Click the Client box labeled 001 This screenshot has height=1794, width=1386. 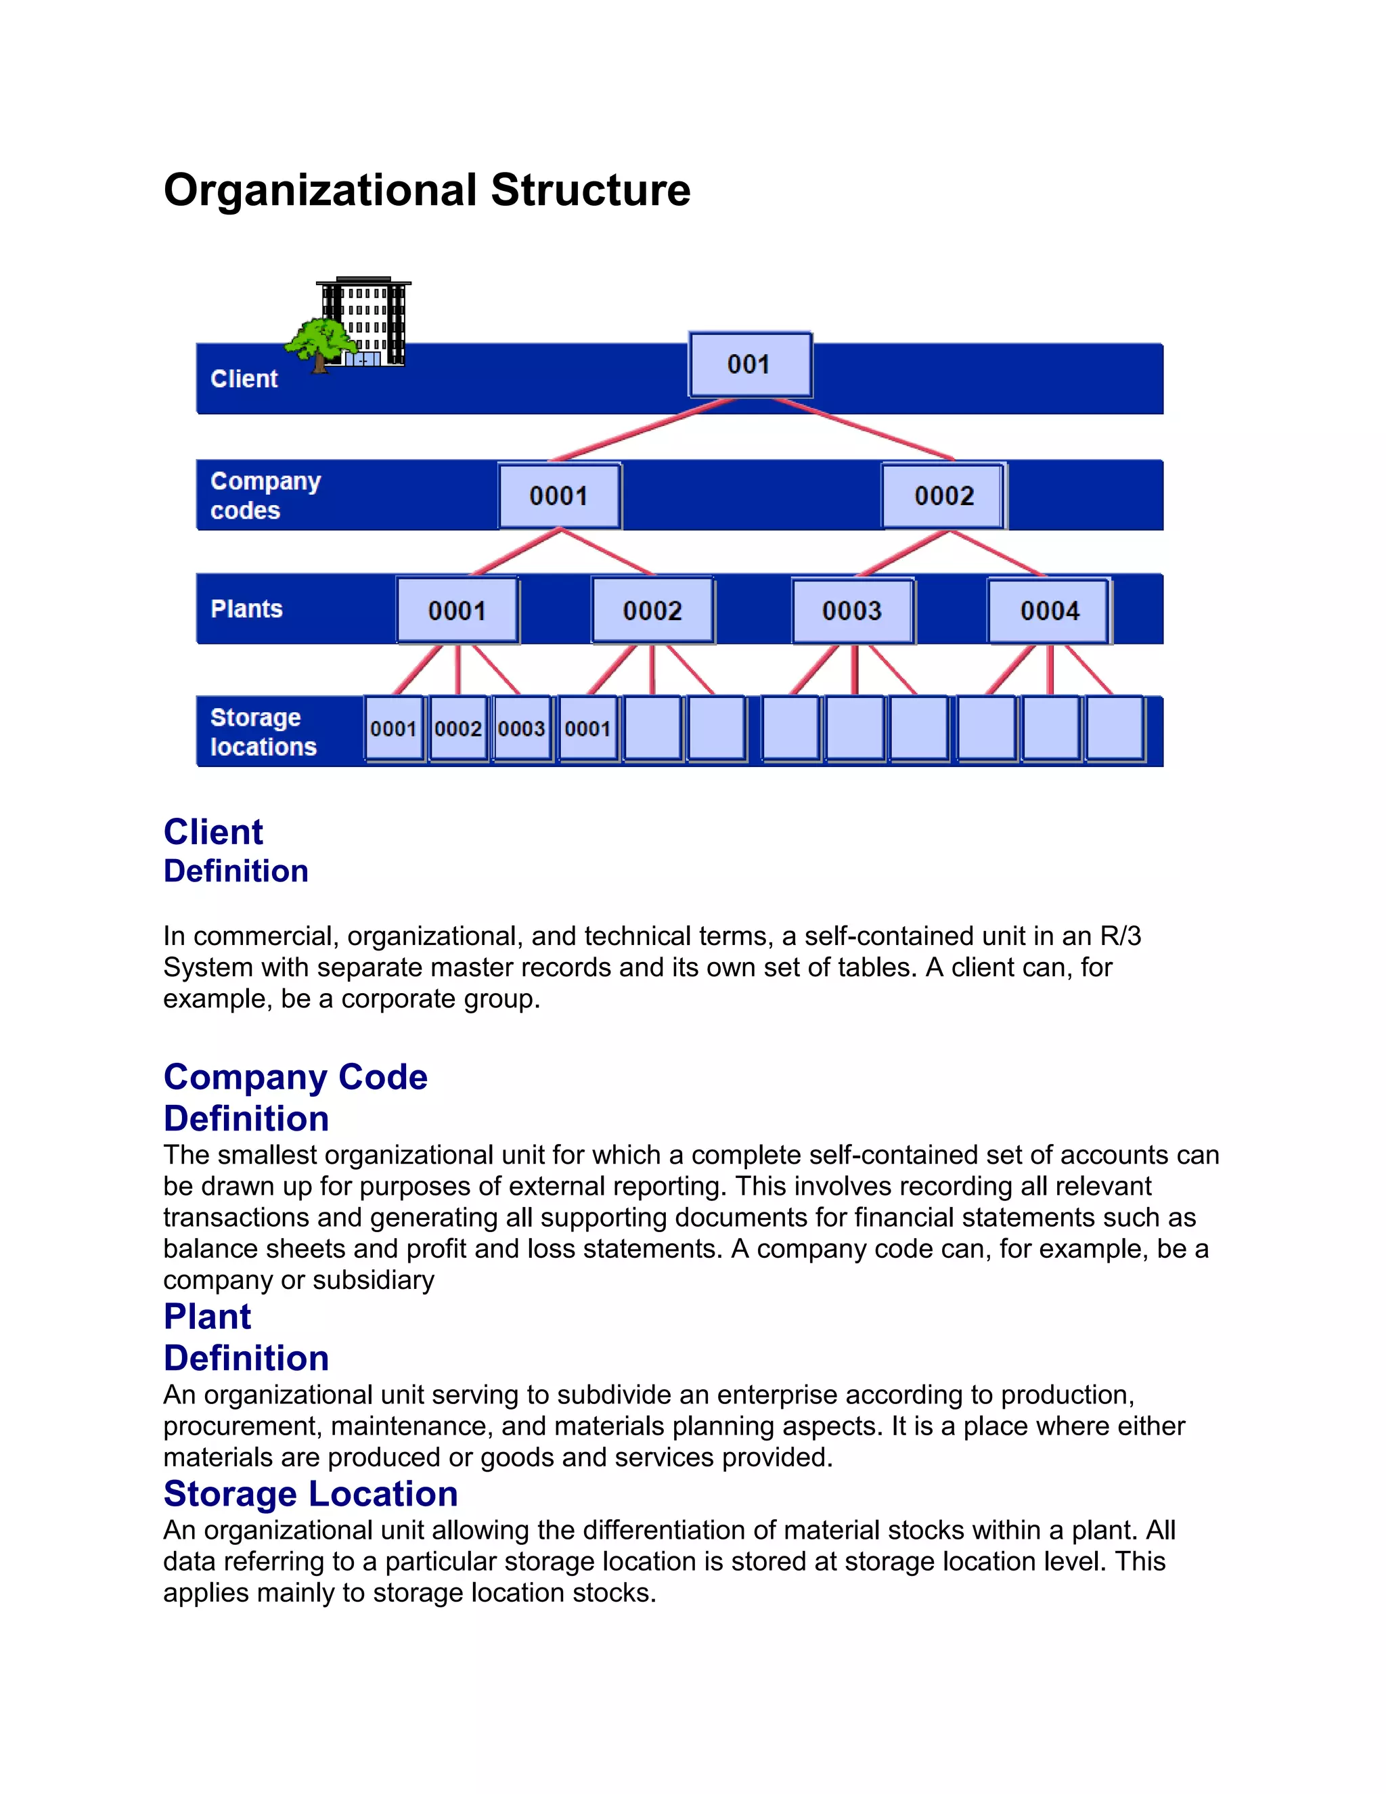pyautogui.click(x=750, y=364)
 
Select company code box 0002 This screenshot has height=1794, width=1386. pyautogui.click(x=943, y=496)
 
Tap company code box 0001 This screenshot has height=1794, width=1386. pyautogui.click(x=559, y=496)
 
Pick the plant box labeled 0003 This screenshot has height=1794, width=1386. pyautogui.click(x=852, y=611)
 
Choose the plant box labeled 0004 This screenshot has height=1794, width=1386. pyautogui.click(x=1050, y=611)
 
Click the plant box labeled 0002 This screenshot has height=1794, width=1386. pyautogui.click(x=653, y=611)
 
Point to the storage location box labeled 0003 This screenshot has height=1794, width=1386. pyautogui.click(x=521, y=728)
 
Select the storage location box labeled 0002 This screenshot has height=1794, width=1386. pyautogui.click(x=458, y=728)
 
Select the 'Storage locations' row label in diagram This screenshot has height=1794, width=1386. pyautogui.click(x=263, y=731)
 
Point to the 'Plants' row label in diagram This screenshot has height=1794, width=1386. pyautogui.click(x=246, y=609)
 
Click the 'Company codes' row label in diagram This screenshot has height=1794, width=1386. pyautogui.click(x=265, y=496)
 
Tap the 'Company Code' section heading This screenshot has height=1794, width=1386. pyautogui.click(x=295, y=1077)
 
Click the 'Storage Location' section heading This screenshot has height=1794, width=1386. pyautogui.click(x=311, y=1493)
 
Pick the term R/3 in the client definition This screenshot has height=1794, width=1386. pyautogui.click(x=1120, y=936)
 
